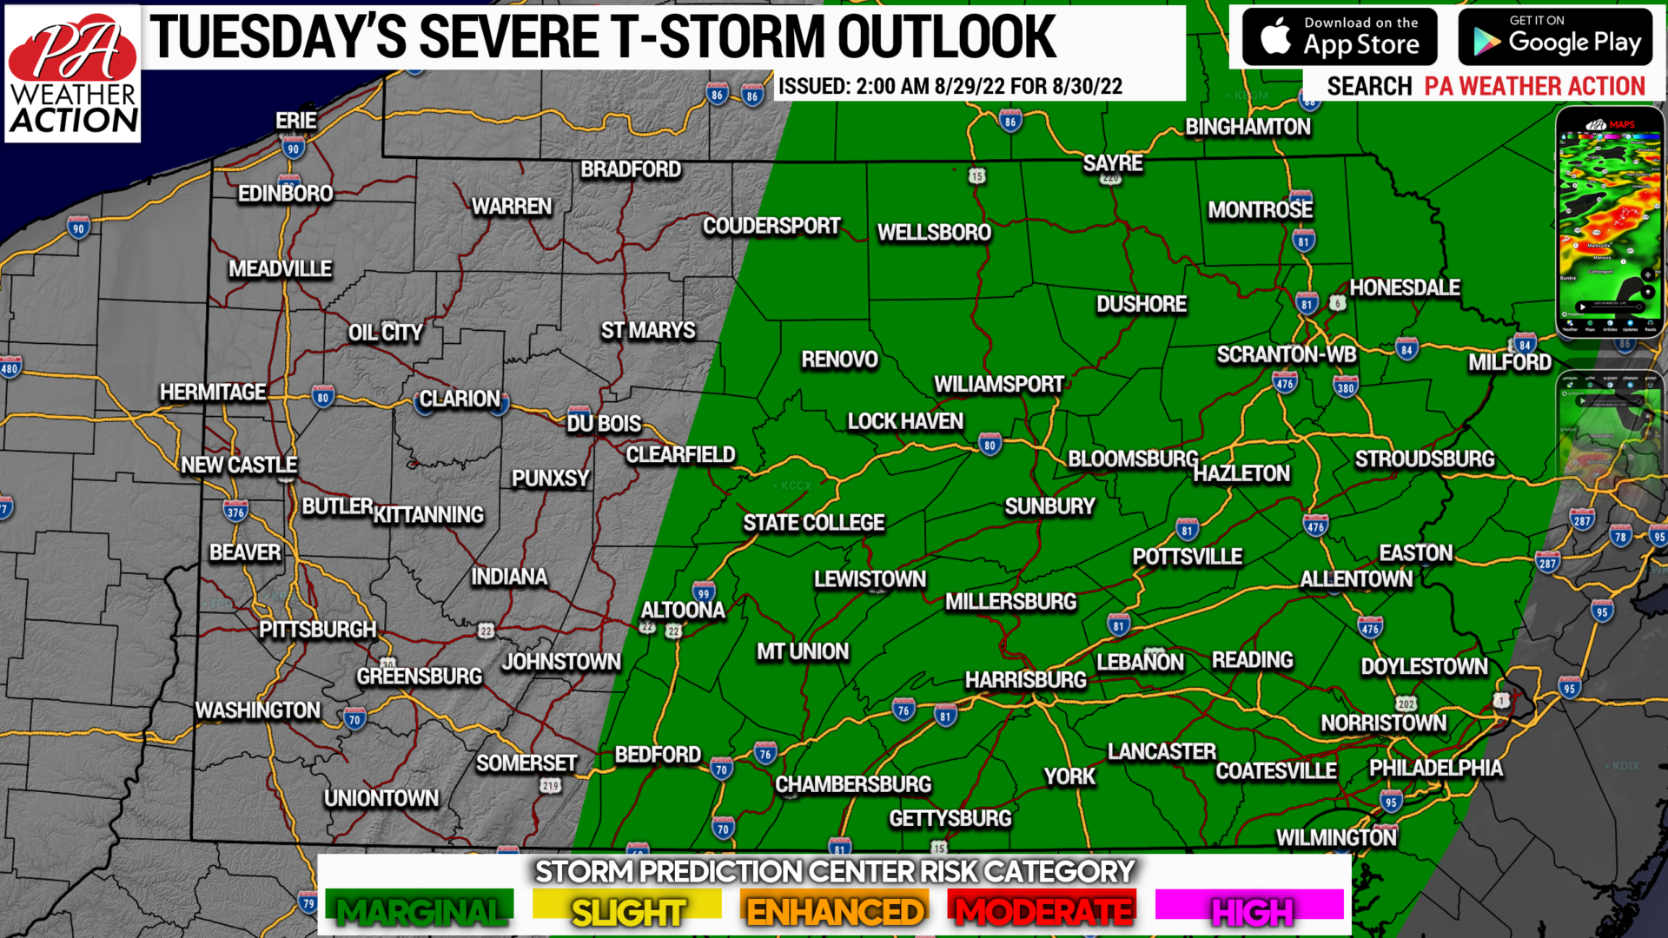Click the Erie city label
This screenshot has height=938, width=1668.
(x=296, y=121)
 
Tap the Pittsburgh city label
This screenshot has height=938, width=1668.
(x=317, y=630)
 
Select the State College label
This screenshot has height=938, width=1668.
(x=813, y=523)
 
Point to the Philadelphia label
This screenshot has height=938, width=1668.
(x=1435, y=768)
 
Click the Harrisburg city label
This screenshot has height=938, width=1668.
(x=1025, y=680)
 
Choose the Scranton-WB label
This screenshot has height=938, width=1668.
(x=1286, y=354)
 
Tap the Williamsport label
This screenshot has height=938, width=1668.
(x=998, y=384)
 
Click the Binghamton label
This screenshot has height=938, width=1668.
(x=1248, y=127)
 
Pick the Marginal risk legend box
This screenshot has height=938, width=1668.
(x=420, y=908)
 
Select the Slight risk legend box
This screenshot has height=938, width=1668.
(x=627, y=908)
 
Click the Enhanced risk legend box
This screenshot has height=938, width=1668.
(x=835, y=908)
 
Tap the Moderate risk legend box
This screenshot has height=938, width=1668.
(x=1042, y=908)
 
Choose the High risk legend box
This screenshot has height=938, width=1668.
(x=1250, y=908)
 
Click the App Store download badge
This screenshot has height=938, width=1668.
(x=1339, y=36)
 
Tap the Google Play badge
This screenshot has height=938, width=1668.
(x=1555, y=36)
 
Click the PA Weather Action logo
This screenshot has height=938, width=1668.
(x=73, y=75)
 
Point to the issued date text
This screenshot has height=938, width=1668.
(x=950, y=86)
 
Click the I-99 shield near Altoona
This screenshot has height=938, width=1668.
(x=704, y=593)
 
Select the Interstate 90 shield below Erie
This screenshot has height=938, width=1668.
(x=293, y=149)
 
